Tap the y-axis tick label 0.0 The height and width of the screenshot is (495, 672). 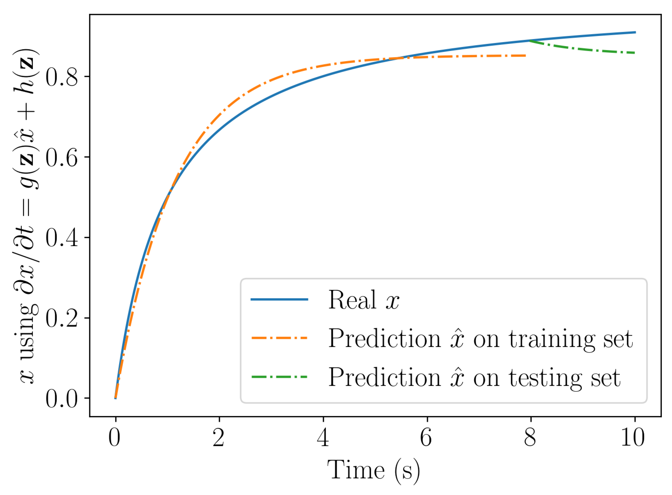point(62,399)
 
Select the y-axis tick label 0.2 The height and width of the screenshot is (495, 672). point(62,318)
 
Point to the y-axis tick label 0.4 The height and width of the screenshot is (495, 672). point(62,238)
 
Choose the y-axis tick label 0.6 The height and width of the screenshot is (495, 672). point(62,157)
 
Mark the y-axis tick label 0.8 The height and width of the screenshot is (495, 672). point(62,77)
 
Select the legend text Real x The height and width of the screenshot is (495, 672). point(363,300)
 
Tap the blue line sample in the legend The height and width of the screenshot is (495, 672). point(279,299)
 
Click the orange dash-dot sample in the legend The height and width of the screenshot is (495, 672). point(279,338)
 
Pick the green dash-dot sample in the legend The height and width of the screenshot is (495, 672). point(279,377)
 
